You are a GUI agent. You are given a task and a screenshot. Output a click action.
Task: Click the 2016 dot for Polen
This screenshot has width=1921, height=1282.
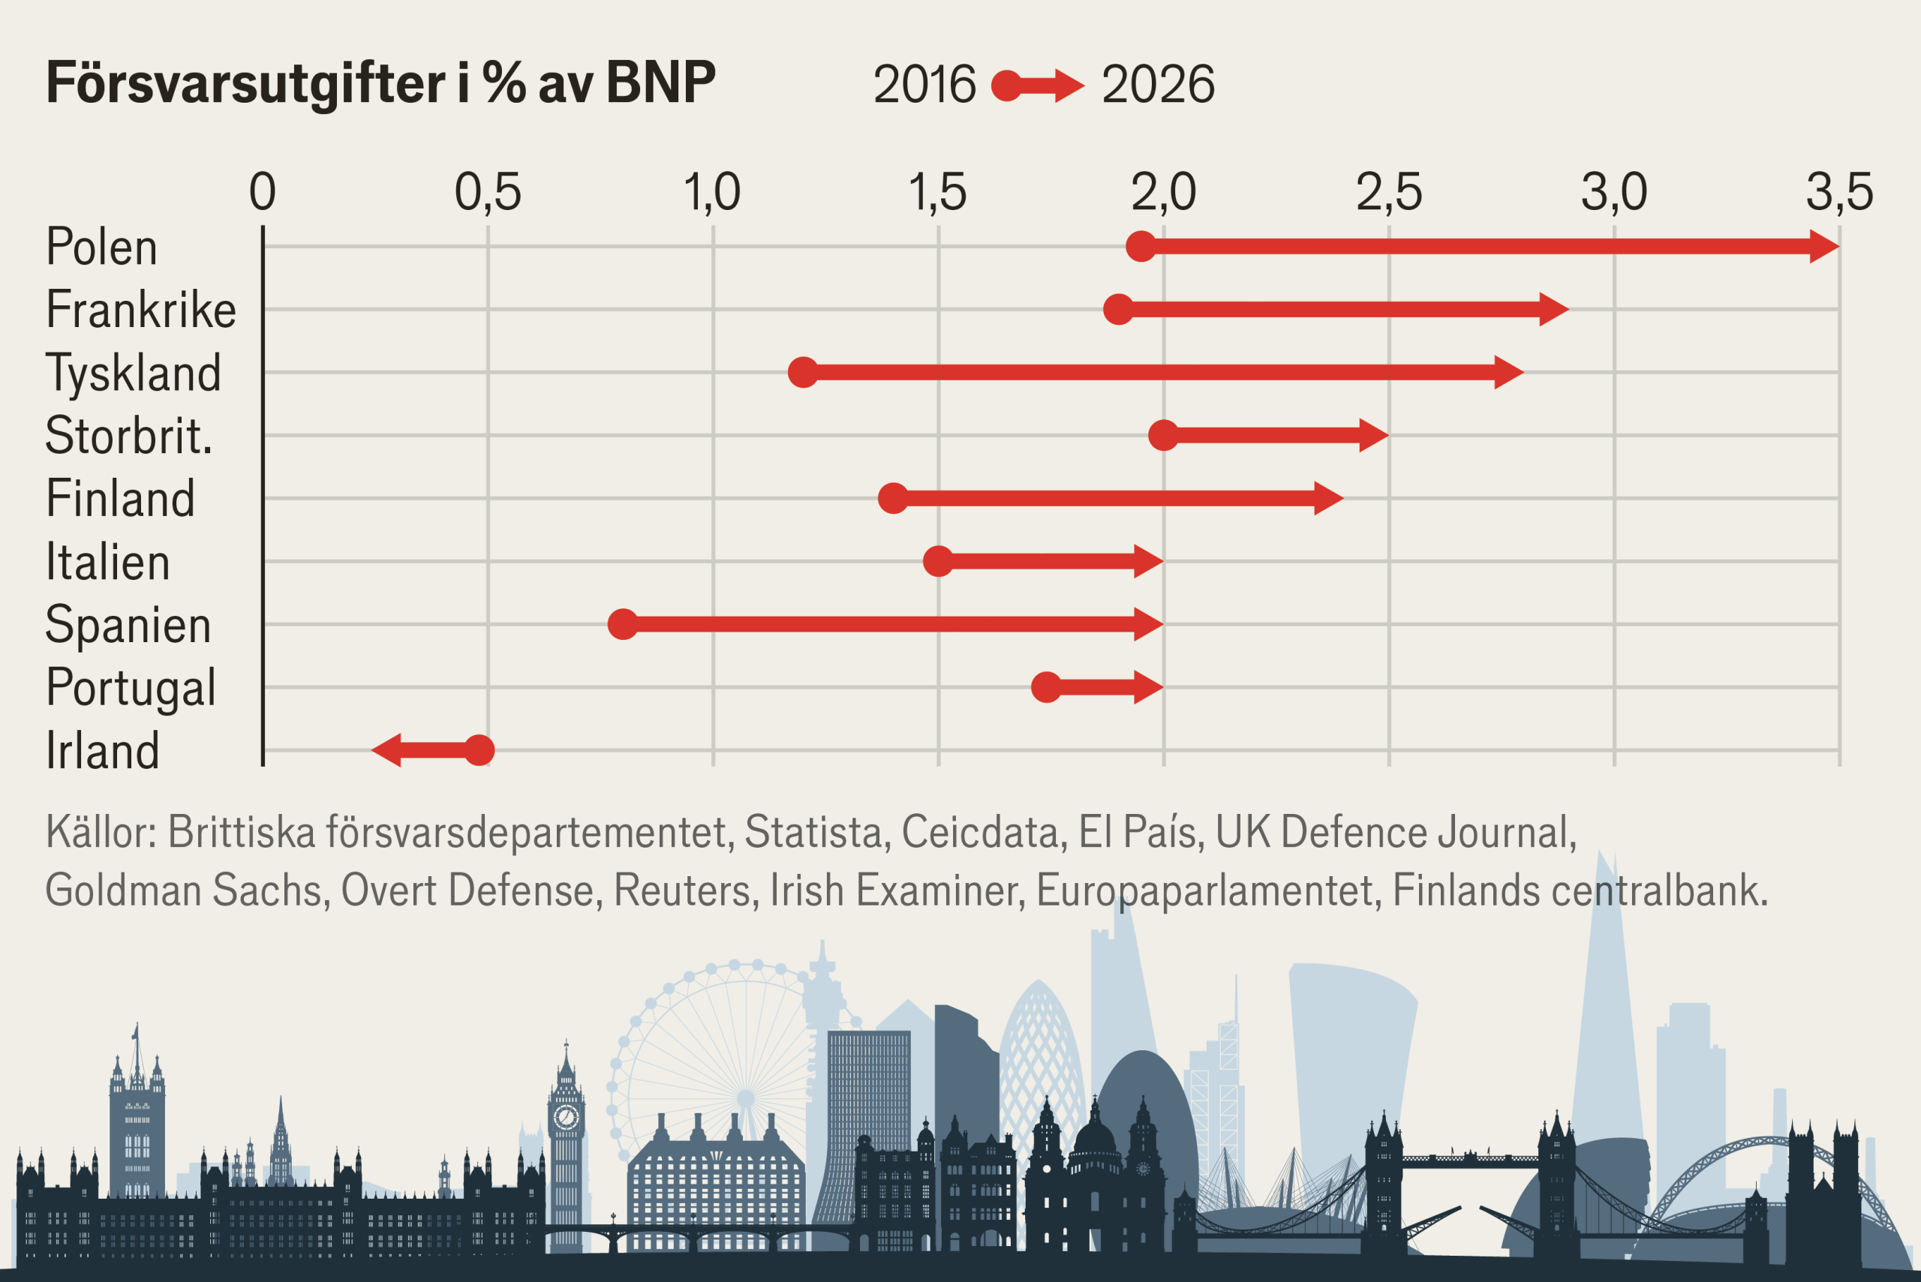[1141, 246]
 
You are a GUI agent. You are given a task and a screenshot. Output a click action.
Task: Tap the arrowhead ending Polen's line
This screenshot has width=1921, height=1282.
[1824, 246]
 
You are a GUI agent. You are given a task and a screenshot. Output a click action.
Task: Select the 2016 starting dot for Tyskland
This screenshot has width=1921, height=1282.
[803, 372]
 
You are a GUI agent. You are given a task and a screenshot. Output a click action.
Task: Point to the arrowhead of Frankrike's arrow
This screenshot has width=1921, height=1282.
[1553, 309]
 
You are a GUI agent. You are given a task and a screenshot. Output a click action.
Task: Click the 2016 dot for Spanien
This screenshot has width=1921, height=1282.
[623, 625]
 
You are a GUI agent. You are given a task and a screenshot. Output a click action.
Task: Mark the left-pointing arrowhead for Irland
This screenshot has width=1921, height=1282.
[386, 749]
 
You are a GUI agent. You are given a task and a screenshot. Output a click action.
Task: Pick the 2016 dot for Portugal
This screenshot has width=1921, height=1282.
[1046, 688]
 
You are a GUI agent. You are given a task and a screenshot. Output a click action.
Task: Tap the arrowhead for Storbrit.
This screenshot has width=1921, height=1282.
[1373, 435]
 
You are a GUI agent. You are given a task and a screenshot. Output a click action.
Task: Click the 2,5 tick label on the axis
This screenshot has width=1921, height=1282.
[1389, 192]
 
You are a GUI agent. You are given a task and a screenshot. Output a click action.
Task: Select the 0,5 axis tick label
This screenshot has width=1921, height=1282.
[488, 192]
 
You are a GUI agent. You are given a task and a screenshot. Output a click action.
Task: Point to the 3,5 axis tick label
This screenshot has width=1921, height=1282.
[1839, 192]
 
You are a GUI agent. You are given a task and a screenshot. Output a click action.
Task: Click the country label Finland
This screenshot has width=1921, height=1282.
[120, 499]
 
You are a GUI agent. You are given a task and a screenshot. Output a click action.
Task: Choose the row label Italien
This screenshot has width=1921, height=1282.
[108, 563]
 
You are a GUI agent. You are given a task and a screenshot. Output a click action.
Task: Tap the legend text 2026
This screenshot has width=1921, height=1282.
[1158, 84]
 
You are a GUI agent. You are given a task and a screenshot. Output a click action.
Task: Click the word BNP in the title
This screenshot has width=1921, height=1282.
[661, 83]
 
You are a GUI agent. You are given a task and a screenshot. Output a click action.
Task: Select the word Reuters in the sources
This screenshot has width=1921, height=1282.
[681, 890]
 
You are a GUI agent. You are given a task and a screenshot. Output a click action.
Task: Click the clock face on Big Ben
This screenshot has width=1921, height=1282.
[566, 1117]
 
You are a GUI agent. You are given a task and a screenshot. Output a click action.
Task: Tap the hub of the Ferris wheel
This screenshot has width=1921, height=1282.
[745, 1098]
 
